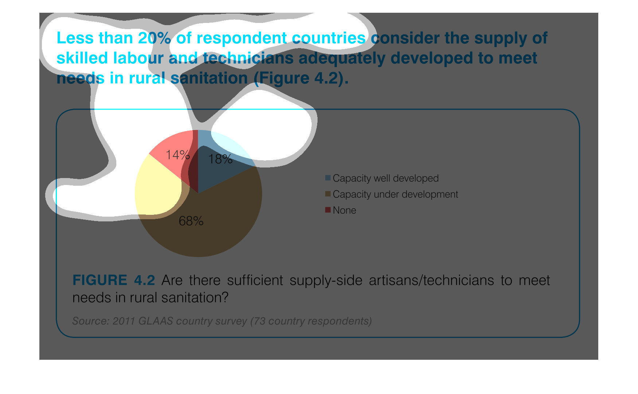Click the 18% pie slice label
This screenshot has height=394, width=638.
220,159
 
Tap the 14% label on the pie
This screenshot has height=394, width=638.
178,155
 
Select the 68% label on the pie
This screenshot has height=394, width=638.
191,221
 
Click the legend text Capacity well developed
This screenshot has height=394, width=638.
386,178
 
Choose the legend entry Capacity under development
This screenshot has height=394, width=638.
396,194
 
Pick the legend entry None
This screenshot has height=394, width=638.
345,210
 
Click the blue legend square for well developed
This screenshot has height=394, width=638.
328,178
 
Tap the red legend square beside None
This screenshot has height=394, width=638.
328,210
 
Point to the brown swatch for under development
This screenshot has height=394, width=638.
328,194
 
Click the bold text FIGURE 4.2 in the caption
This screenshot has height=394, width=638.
114,280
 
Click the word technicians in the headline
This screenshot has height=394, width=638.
248,58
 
